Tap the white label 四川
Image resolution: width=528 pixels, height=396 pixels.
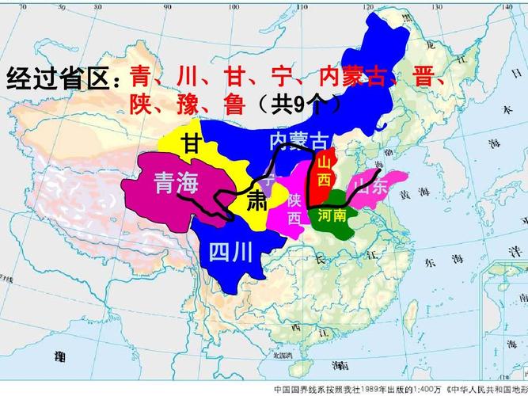231,252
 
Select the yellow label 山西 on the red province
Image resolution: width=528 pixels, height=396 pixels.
325,172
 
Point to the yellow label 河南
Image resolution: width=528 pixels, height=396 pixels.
332,215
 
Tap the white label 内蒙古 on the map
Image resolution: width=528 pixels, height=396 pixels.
298,142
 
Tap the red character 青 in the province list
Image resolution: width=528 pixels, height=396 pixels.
140,78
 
